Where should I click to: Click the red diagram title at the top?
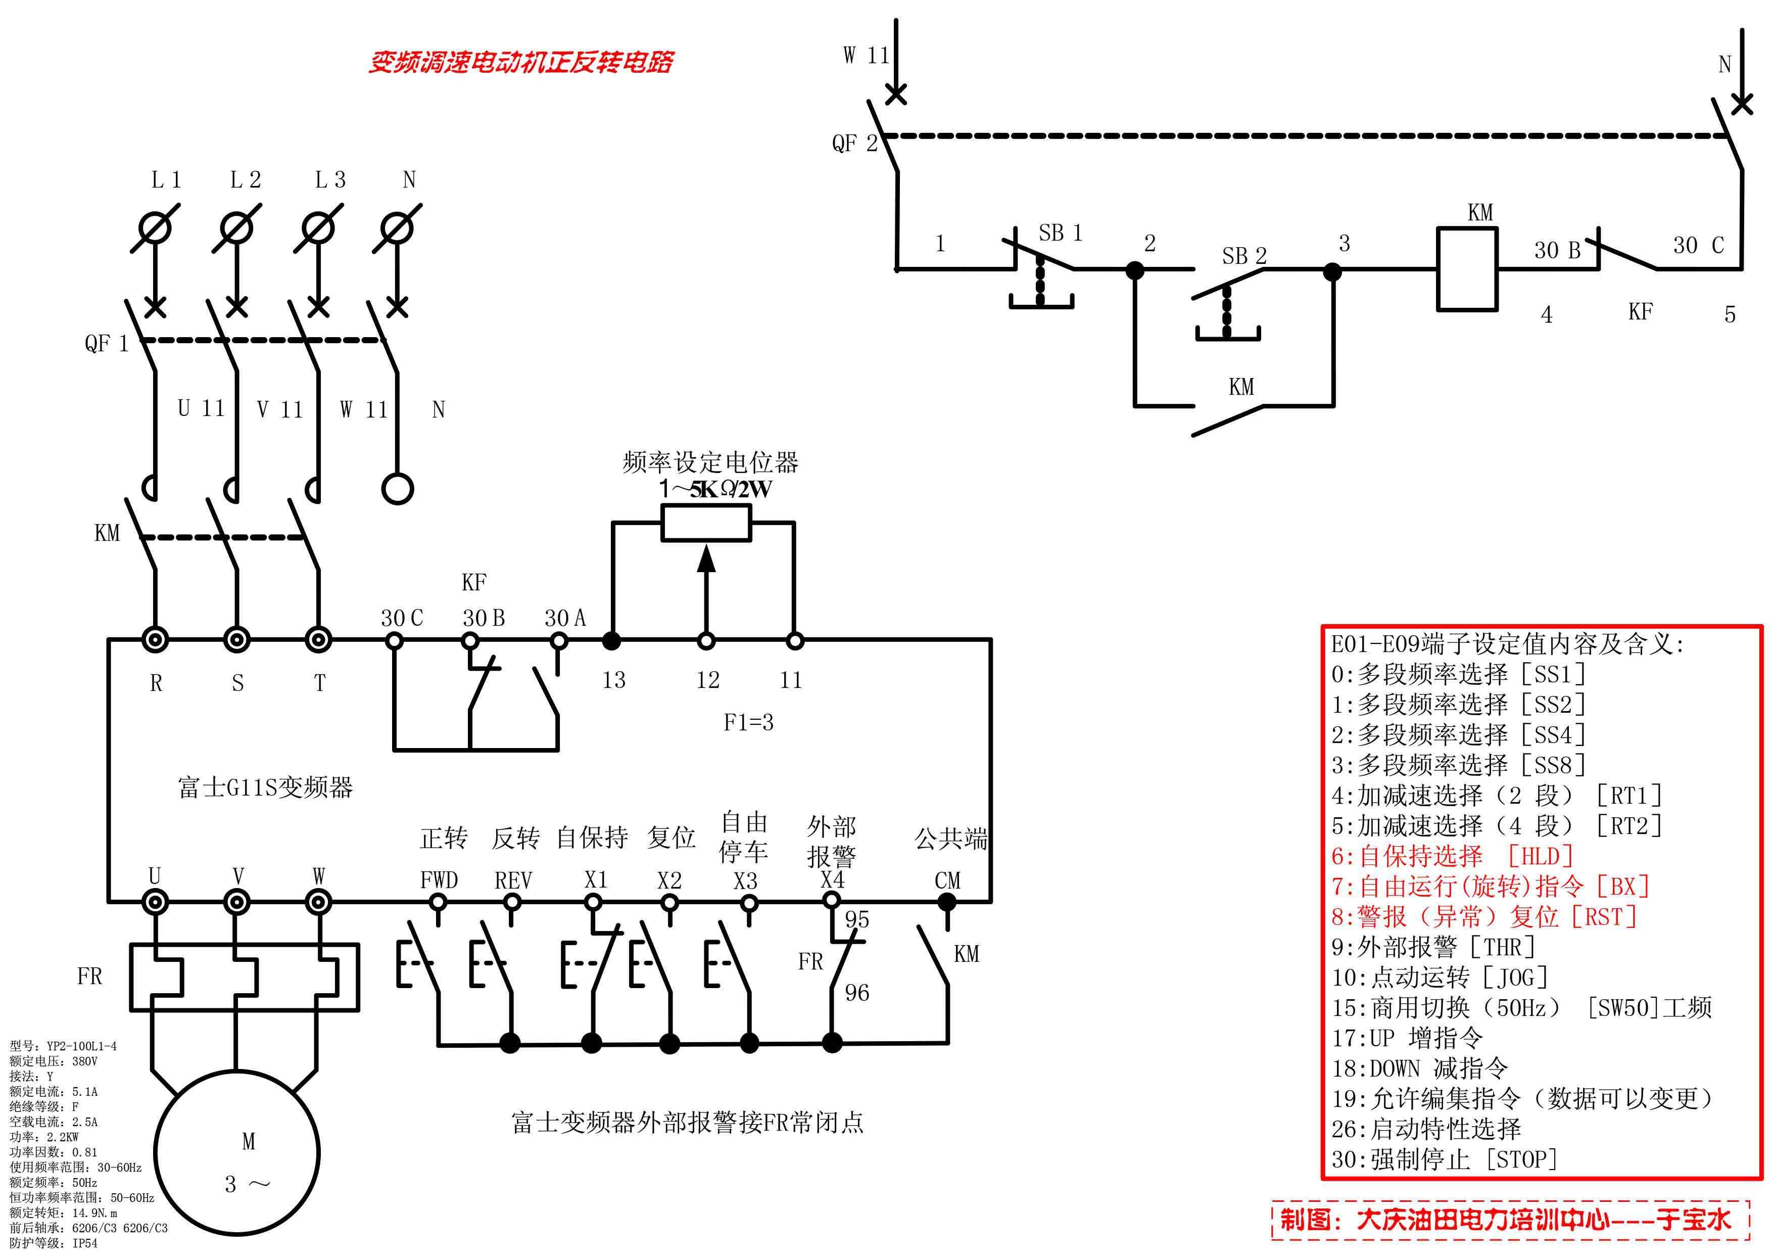520,62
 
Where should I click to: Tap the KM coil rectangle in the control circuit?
1467,269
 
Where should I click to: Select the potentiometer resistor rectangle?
706,523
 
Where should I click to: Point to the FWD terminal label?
439,880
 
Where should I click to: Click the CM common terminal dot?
947,902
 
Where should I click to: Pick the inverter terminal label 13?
614,680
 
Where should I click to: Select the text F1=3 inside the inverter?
748,722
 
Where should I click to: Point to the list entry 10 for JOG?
1438,978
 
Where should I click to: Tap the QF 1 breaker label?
106,343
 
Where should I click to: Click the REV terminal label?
513,880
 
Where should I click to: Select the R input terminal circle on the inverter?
156,639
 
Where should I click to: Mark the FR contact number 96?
856,992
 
